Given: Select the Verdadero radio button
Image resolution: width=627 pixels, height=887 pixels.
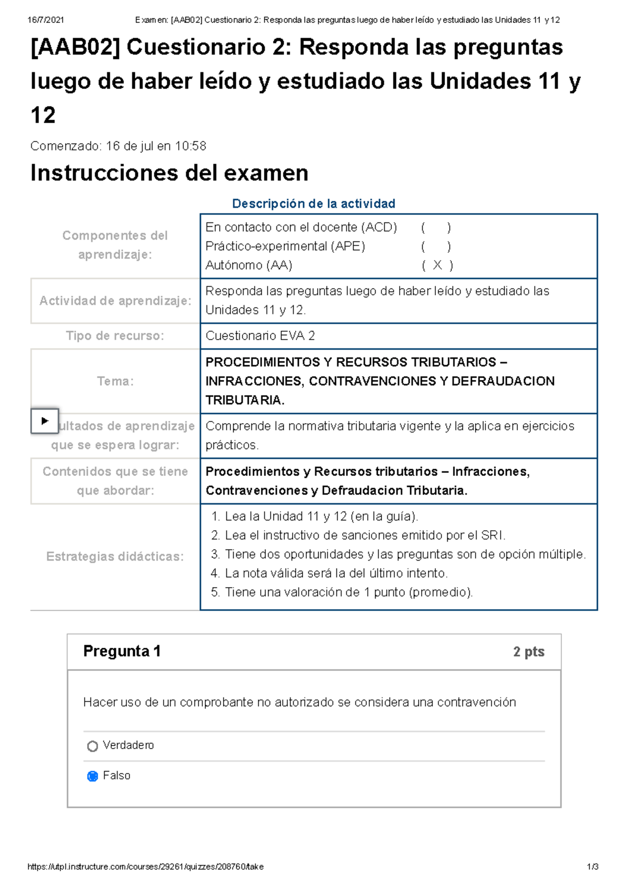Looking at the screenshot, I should [92, 746].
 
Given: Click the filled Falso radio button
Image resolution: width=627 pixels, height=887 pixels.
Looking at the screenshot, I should [92, 776].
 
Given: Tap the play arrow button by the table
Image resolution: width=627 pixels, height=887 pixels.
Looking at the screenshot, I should [44, 421].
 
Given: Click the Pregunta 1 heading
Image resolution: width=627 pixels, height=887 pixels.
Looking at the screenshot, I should [122, 651].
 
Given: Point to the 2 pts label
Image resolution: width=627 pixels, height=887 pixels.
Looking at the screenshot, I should [528, 652].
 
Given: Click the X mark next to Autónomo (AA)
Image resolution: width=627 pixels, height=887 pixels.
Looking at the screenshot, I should [437, 265].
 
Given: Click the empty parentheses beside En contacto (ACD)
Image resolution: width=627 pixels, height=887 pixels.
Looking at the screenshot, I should [436, 228].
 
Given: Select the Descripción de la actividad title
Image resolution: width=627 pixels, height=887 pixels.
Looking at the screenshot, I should [313, 204].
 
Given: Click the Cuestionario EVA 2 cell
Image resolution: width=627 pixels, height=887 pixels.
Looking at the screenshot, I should [260, 336].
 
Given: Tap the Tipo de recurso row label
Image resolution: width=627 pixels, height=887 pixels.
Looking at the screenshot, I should [115, 336].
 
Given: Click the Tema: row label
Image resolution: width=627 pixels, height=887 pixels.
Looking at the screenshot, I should [115, 381].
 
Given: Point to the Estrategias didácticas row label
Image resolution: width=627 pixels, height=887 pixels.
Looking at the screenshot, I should [115, 557].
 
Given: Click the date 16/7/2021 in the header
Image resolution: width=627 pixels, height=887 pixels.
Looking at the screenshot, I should [45, 20].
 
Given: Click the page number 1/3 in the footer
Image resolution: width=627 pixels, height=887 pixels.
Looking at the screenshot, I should [593, 867].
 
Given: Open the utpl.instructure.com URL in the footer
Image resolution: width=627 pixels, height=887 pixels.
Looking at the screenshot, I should [145, 867].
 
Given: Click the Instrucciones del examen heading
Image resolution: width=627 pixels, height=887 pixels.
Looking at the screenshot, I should [169, 173].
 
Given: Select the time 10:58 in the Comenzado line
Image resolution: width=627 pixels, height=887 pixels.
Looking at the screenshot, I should [191, 146].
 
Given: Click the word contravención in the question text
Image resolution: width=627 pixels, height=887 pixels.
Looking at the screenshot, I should [476, 703].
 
